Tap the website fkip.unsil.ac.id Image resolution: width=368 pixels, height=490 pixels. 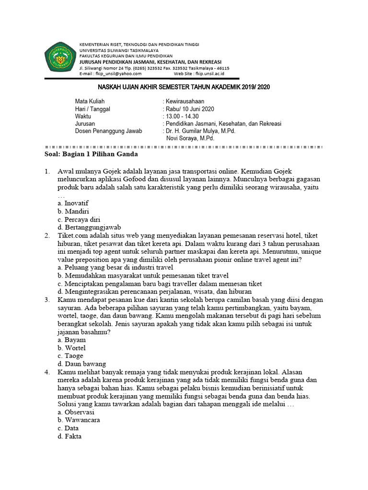click(211, 74)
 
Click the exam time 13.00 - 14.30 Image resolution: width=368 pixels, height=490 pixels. click(183, 116)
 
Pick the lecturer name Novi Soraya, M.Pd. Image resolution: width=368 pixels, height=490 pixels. click(190, 138)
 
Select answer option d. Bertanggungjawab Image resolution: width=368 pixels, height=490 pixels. click(90, 227)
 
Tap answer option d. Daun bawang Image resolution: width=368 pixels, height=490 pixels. click(81, 364)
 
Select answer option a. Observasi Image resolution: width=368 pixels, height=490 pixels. click(76, 412)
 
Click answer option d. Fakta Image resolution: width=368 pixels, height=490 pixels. click(69, 436)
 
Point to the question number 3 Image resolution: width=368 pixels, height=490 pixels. click(46, 300)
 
